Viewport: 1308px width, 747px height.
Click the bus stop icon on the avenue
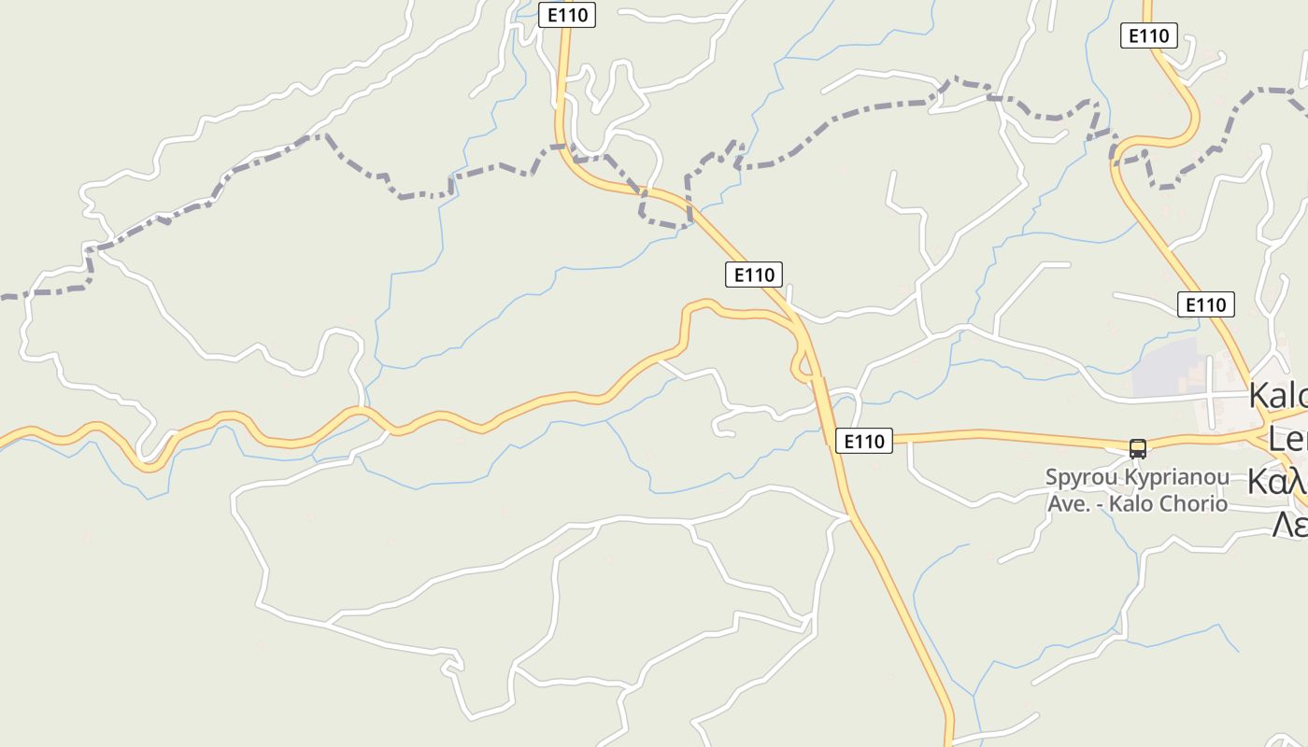click(x=1137, y=448)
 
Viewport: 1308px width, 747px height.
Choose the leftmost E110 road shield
click(x=567, y=15)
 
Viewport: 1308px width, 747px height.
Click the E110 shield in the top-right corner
click(x=1148, y=35)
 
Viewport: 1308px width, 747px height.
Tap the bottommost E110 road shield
click(x=863, y=441)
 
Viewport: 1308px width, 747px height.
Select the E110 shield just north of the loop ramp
click(x=754, y=275)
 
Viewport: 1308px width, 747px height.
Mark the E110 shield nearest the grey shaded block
click(x=1205, y=304)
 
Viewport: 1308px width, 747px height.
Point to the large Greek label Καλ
click(x=1277, y=482)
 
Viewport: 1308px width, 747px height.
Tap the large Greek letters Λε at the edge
click(x=1290, y=525)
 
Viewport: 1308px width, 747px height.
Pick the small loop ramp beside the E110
click(x=801, y=365)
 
